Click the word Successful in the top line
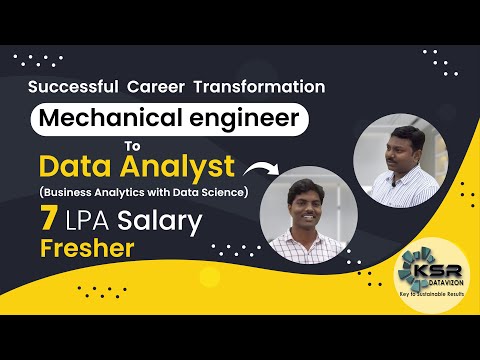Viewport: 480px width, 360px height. click(x=72, y=87)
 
